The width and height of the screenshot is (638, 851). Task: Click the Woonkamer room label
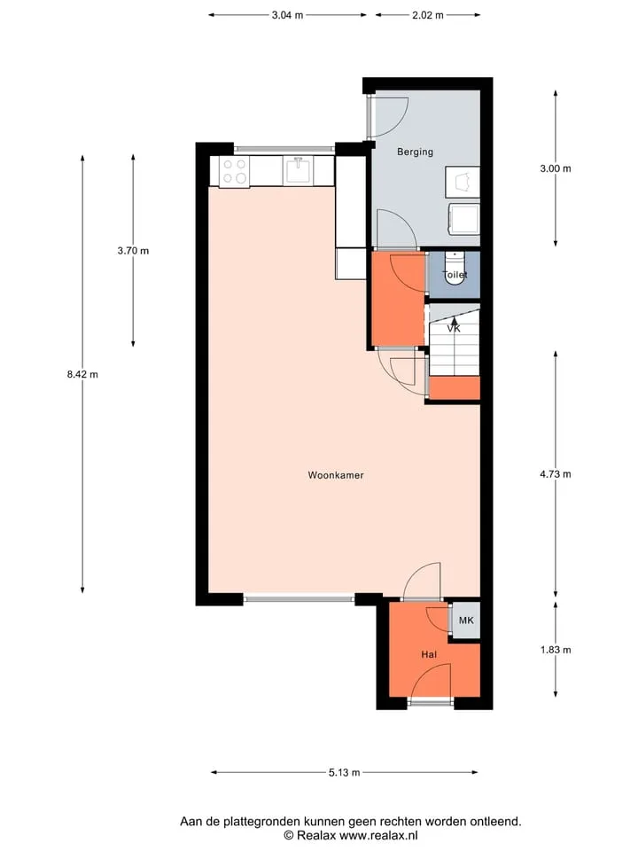point(336,475)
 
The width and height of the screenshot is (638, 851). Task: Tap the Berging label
point(415,152)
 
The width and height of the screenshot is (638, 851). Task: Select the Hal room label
point(429,654)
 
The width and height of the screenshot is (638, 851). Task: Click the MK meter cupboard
point(466,620)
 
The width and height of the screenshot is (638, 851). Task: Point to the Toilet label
point(455,275)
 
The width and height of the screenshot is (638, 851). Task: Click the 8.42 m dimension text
point(82,374)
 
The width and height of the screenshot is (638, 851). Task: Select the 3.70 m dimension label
point(133,251)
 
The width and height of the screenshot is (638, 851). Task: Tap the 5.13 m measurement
point(345,772)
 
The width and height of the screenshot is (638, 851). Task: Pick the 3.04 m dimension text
point(287,15)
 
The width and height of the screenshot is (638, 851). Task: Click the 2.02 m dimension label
point(427,15)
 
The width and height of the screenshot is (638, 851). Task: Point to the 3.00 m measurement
point(556,168)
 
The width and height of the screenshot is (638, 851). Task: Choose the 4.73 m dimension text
point(556,473)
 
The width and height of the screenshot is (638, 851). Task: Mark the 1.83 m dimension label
point(556,650)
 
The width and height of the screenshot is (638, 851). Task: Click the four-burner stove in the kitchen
point(234,171)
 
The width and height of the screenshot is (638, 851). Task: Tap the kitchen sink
point(298,171)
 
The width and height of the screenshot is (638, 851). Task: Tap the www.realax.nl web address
point(378,836)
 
